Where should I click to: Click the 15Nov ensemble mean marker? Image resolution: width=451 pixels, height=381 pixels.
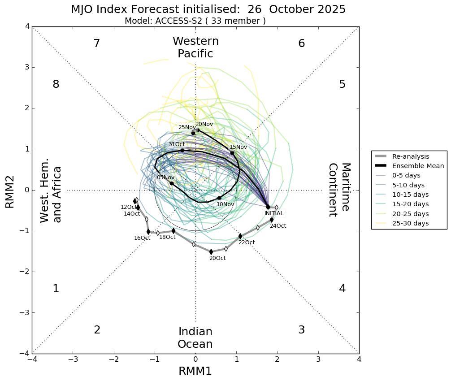(x=232, y=153)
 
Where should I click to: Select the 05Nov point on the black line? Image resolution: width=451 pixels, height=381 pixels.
(x=172, y=183)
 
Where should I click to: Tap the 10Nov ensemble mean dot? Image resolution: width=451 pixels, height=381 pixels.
(x=219, y=198)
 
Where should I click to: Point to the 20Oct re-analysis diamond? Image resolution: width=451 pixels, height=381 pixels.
(x=211, y=252)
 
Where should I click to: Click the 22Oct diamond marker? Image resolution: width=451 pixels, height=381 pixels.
(x=240, y=236)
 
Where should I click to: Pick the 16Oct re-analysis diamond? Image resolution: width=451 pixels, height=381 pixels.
(x=149, y=232)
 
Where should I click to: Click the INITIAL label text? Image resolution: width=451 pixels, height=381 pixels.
(x=273, y=213)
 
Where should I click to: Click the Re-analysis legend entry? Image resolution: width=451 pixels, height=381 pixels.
(x=410, y=156)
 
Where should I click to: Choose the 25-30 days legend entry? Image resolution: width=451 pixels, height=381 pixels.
(x=410, y=223)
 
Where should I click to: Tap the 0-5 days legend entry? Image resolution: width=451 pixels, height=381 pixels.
(x=406, y=175)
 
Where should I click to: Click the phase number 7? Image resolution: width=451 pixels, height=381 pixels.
(x=96, y=43)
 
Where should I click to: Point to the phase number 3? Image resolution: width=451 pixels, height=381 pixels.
(x=301, y=330)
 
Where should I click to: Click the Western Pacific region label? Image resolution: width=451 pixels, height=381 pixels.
(x=195, y=48)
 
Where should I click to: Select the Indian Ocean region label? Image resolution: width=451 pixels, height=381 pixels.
(x=195, y=338)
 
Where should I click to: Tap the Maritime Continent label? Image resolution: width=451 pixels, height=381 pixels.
(x=339, y=190)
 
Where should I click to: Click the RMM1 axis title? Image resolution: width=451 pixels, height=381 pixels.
(x=195, y=371)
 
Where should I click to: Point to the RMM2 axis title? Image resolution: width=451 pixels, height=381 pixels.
(x=10, y=191)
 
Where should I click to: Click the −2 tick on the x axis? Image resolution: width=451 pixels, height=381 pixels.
(x=114, y=359)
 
